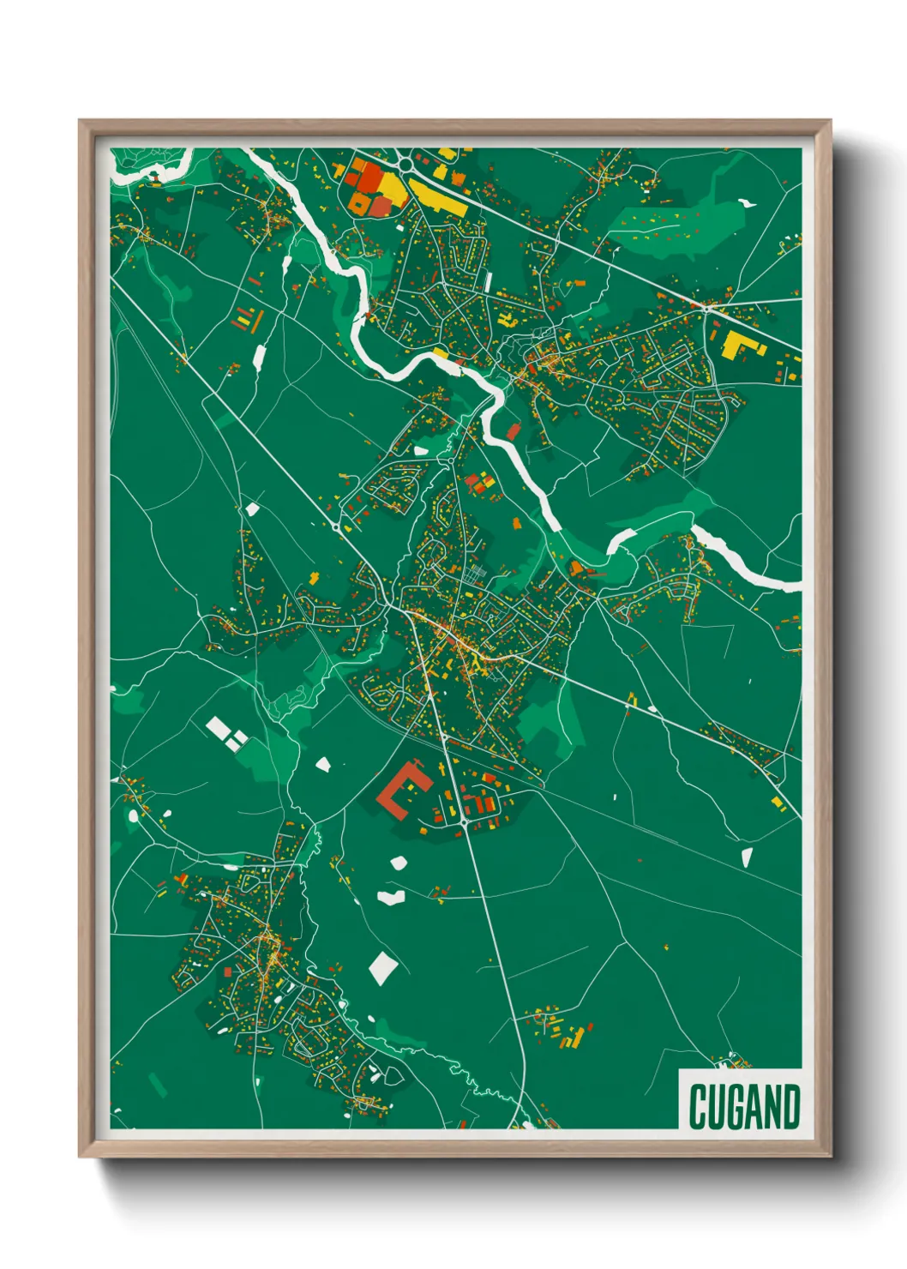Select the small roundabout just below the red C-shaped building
pyautogui.click(x=464, y=822)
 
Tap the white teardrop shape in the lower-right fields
pyautogui.click(x=746, y=856)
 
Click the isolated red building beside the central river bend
pyautogui.click(x=514, y=431)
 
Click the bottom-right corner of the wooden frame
pyautogui.click(x=830, y=1157)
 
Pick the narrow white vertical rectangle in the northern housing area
pyautogui.click(x=488, y=281)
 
